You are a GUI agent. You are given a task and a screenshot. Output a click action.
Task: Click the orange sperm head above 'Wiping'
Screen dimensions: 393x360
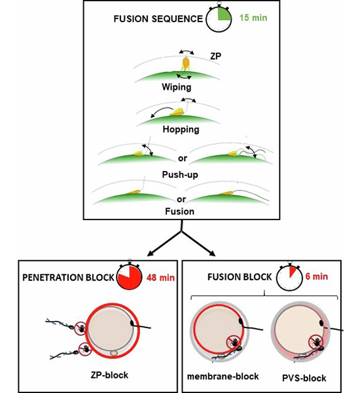click(186, 64)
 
